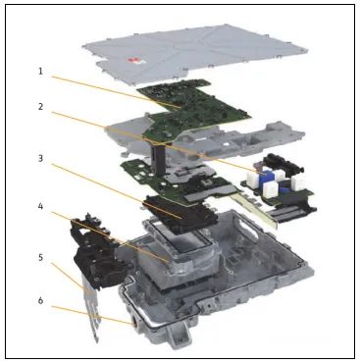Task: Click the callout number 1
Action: [40, 72]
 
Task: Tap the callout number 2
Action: [40, 107]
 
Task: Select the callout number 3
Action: [40, 159]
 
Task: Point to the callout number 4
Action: [40, 207]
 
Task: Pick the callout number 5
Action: [40, 258]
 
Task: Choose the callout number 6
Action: [40, 300]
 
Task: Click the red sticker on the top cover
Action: [133, 60]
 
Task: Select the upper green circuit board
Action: [193, 108]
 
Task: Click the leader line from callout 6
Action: [92, 315]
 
